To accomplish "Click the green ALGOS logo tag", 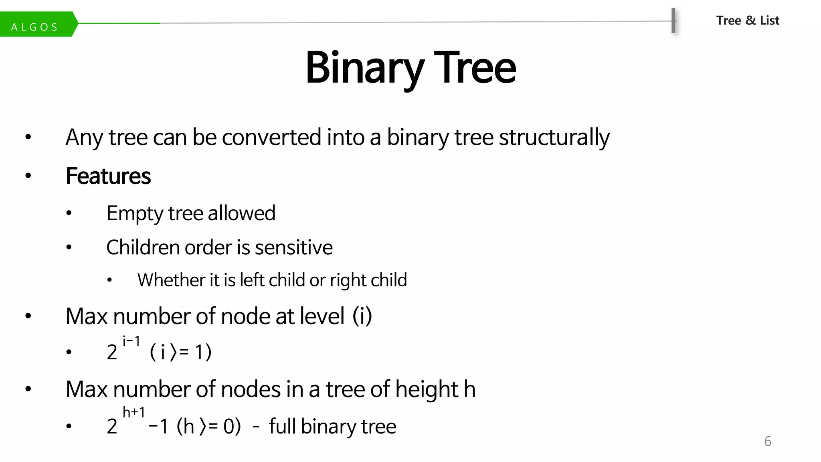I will [36, 25].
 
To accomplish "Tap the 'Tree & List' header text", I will [748, 20].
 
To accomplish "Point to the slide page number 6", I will [767, 441].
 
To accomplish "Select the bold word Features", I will [108, 176].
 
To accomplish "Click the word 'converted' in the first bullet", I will [271, 138].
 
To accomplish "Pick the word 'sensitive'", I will [293, 247].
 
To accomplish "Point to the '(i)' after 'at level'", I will [362, 316].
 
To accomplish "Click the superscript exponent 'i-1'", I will [131, 342].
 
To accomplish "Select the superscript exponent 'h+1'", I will [133, 412].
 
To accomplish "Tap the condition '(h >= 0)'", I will [208, 426].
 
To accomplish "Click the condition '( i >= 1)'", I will [180, 353].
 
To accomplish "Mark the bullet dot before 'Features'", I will [28, 176].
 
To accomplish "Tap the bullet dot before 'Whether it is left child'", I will [109, 280].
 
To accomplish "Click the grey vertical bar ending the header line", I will [673, 20].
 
